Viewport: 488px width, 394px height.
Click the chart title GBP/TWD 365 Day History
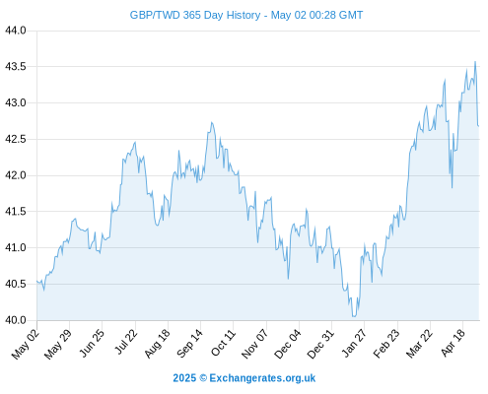[x=195, y=15]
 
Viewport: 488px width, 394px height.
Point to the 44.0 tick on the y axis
[x=16, y=31]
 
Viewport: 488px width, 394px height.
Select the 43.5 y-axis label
[x=16, y=67]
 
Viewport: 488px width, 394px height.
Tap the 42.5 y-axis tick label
[x=16, y=139]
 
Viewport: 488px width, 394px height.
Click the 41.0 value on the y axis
[x=16, y=248]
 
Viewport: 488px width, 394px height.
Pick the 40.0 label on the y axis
[x=16, y=320]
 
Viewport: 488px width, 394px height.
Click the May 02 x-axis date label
[x=26, y=344]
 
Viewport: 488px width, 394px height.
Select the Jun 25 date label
[x=93, y=343]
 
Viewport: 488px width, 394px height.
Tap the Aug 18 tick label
[x=158, y=343]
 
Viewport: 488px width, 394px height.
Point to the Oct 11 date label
[x=224, y=343]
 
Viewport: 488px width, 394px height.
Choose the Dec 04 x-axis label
[x=288, y=344]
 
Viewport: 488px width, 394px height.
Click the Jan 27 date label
[x=354, y=343]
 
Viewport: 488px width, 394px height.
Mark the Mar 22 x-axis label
[x=419, y=344]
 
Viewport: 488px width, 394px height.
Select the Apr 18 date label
[x=453, y=343]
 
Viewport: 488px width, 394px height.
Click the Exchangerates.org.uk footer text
[x=262, y=378]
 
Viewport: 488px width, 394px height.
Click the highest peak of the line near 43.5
[x=475, y=61]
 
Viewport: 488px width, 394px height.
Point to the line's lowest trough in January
[x=354, y=316]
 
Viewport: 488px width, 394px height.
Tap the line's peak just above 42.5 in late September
[x=212, y=122]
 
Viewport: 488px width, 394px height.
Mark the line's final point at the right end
[x=479, y=126]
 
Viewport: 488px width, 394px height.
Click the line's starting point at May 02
[x=37, y=281]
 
